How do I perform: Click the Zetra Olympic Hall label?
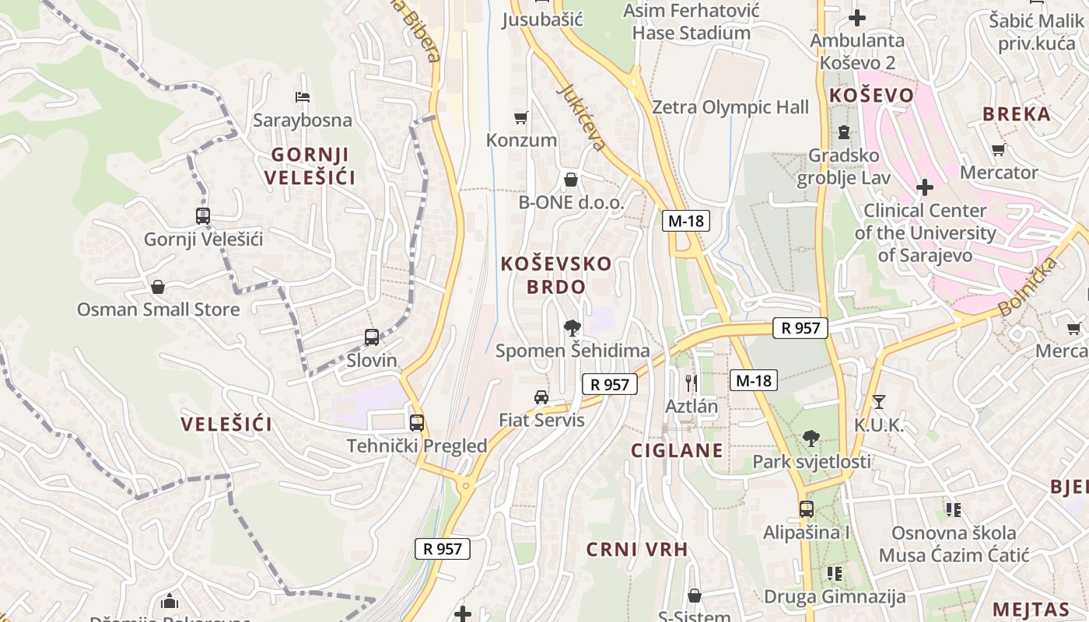(730, 107)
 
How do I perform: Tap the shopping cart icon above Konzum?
(521, 118)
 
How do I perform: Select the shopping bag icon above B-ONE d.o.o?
(571, 180)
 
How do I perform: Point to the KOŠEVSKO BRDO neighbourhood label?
(555, 274)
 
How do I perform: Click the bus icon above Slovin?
(372, 337)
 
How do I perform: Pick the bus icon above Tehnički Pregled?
(417, 423)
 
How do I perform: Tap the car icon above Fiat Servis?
(541, 397)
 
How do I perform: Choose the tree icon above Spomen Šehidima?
(573, 327)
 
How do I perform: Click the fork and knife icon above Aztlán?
(691, 383)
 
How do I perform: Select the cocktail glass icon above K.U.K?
(879, 402)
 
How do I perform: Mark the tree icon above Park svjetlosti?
(811, 439)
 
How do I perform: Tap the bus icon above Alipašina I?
(807, 509)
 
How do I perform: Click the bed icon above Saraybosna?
(303, 97)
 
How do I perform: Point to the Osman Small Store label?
(158, 309)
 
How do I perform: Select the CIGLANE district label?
(677, 450)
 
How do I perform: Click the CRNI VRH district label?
(637, 550)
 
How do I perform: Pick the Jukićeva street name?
(581, 117)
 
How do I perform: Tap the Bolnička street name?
(1028, 287)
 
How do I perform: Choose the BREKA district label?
(1017, 114)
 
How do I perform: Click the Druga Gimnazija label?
(835, 597)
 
